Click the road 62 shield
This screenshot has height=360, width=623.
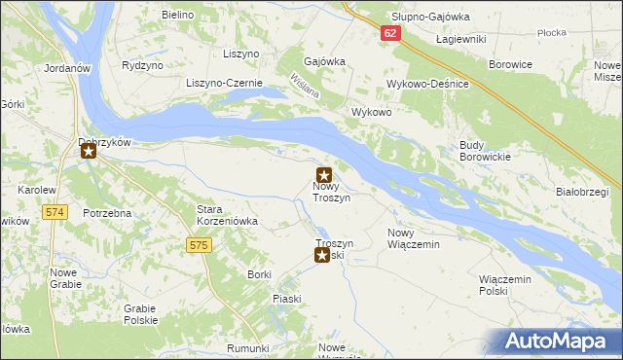390,34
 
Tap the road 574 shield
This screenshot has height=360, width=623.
55,211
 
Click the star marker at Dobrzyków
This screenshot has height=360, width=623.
89,151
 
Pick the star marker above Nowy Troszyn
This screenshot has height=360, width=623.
324,174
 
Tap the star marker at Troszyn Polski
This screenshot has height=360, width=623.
322,255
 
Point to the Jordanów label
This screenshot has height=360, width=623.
67,69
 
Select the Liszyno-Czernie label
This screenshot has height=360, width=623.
225,84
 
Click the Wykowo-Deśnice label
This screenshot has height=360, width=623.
428,85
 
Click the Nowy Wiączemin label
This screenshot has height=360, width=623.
414,238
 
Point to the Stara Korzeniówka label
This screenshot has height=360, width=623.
227,215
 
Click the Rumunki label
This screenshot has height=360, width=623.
247,348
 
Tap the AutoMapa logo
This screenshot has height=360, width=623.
557,342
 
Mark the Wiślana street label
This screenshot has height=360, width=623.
305,89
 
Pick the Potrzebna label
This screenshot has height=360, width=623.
107,212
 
